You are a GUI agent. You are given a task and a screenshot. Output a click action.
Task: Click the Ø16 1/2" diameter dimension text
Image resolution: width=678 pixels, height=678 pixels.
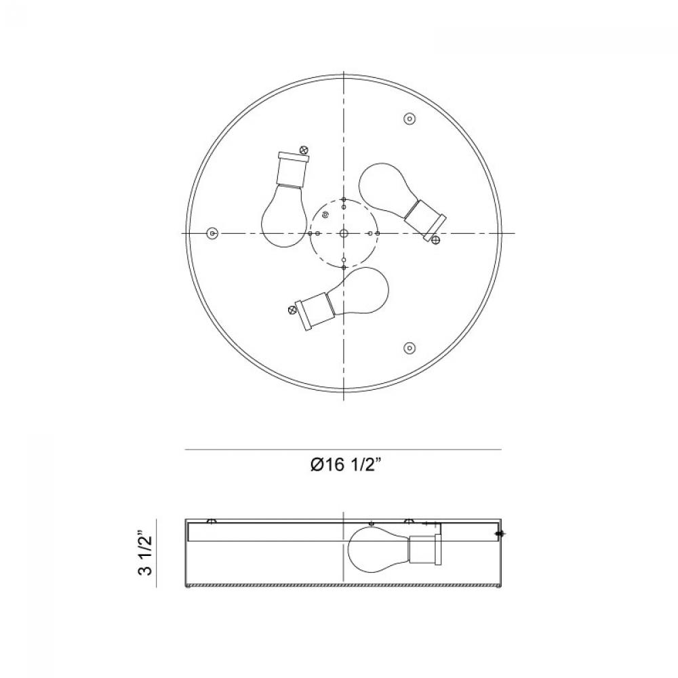(x=346, y=465)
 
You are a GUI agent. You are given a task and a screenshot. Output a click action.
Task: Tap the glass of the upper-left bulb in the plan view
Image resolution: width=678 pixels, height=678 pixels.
(x=281, y=216)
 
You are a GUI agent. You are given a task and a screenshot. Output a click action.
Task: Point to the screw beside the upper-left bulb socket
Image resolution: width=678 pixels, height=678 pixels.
(x=304, y=150)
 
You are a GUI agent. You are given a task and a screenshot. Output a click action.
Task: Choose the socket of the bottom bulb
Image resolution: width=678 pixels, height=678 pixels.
(x=313, y=311)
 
